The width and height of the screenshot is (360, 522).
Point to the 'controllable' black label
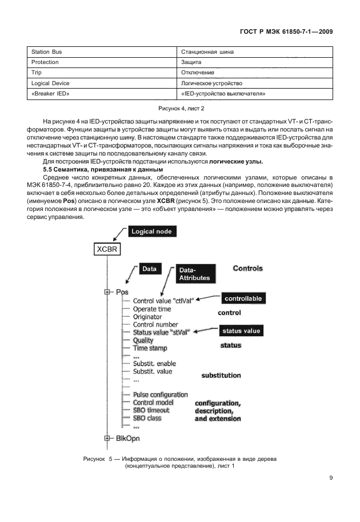[243, 298]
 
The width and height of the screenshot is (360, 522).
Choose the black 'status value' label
[241, 331]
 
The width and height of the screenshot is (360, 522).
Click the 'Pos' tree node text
[122, 292]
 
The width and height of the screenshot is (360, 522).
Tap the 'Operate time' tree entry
[151, 309]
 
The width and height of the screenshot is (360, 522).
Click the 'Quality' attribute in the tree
[143, 340]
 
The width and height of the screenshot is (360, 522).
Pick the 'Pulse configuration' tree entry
[160, 395]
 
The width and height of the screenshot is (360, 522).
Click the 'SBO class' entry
[147, 418]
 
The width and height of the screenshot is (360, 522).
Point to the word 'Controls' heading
[247, 268]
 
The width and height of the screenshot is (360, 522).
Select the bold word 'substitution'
[221, 376]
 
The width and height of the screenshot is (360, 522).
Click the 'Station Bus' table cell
[46, 52]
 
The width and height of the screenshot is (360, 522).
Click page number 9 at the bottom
[331, 479]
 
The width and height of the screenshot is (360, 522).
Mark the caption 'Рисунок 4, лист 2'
[181, 108]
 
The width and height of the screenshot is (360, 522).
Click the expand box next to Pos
[107, 292]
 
